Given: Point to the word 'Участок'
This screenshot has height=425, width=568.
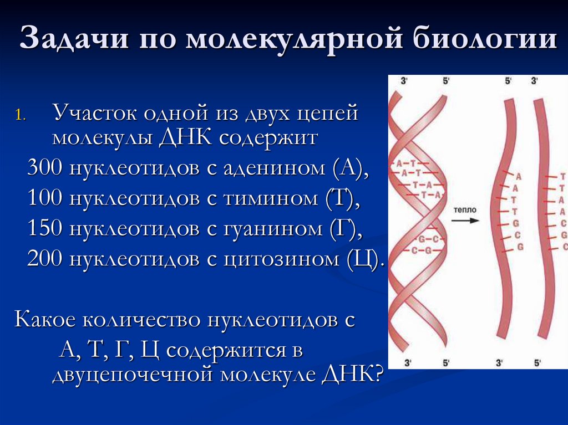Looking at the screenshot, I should [x=94, y=114].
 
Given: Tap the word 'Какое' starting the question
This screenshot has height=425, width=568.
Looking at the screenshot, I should [x=45, y=320].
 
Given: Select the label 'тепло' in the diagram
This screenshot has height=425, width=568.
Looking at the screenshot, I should [x=464, y=211].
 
